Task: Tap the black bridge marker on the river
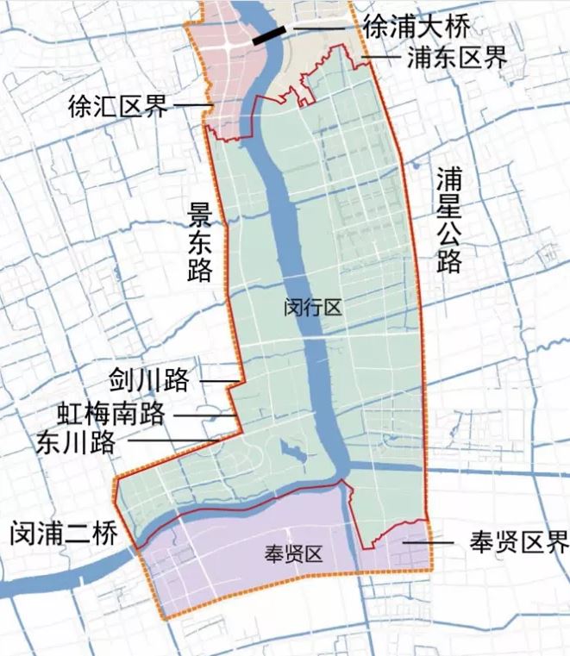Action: tap(269, 35)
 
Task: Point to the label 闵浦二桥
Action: tap(62, 534)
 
